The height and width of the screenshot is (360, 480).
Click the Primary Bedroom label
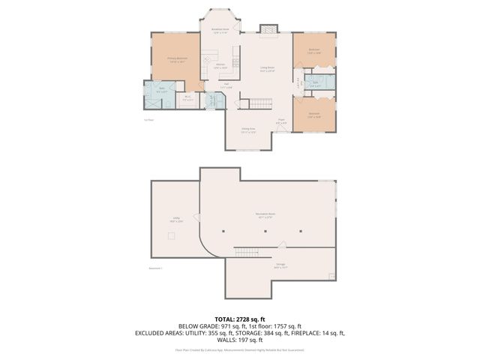click(x=177, y=59)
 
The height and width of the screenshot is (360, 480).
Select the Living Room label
click(x=267, y=69)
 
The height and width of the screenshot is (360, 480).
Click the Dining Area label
click(x=248, y=130)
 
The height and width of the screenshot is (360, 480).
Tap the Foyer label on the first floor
click(x=281, y=121)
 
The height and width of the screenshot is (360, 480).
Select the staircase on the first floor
click(x=261, y=103)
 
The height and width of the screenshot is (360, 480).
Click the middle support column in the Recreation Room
click(x=264, y=232)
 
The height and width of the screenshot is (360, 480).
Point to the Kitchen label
click(x=221, y=67)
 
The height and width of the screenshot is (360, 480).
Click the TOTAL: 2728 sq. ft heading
click(x=240, y=319)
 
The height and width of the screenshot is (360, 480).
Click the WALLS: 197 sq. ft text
click(x=240, y=340)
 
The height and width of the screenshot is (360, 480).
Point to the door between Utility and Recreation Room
click(x=198, y=218)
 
